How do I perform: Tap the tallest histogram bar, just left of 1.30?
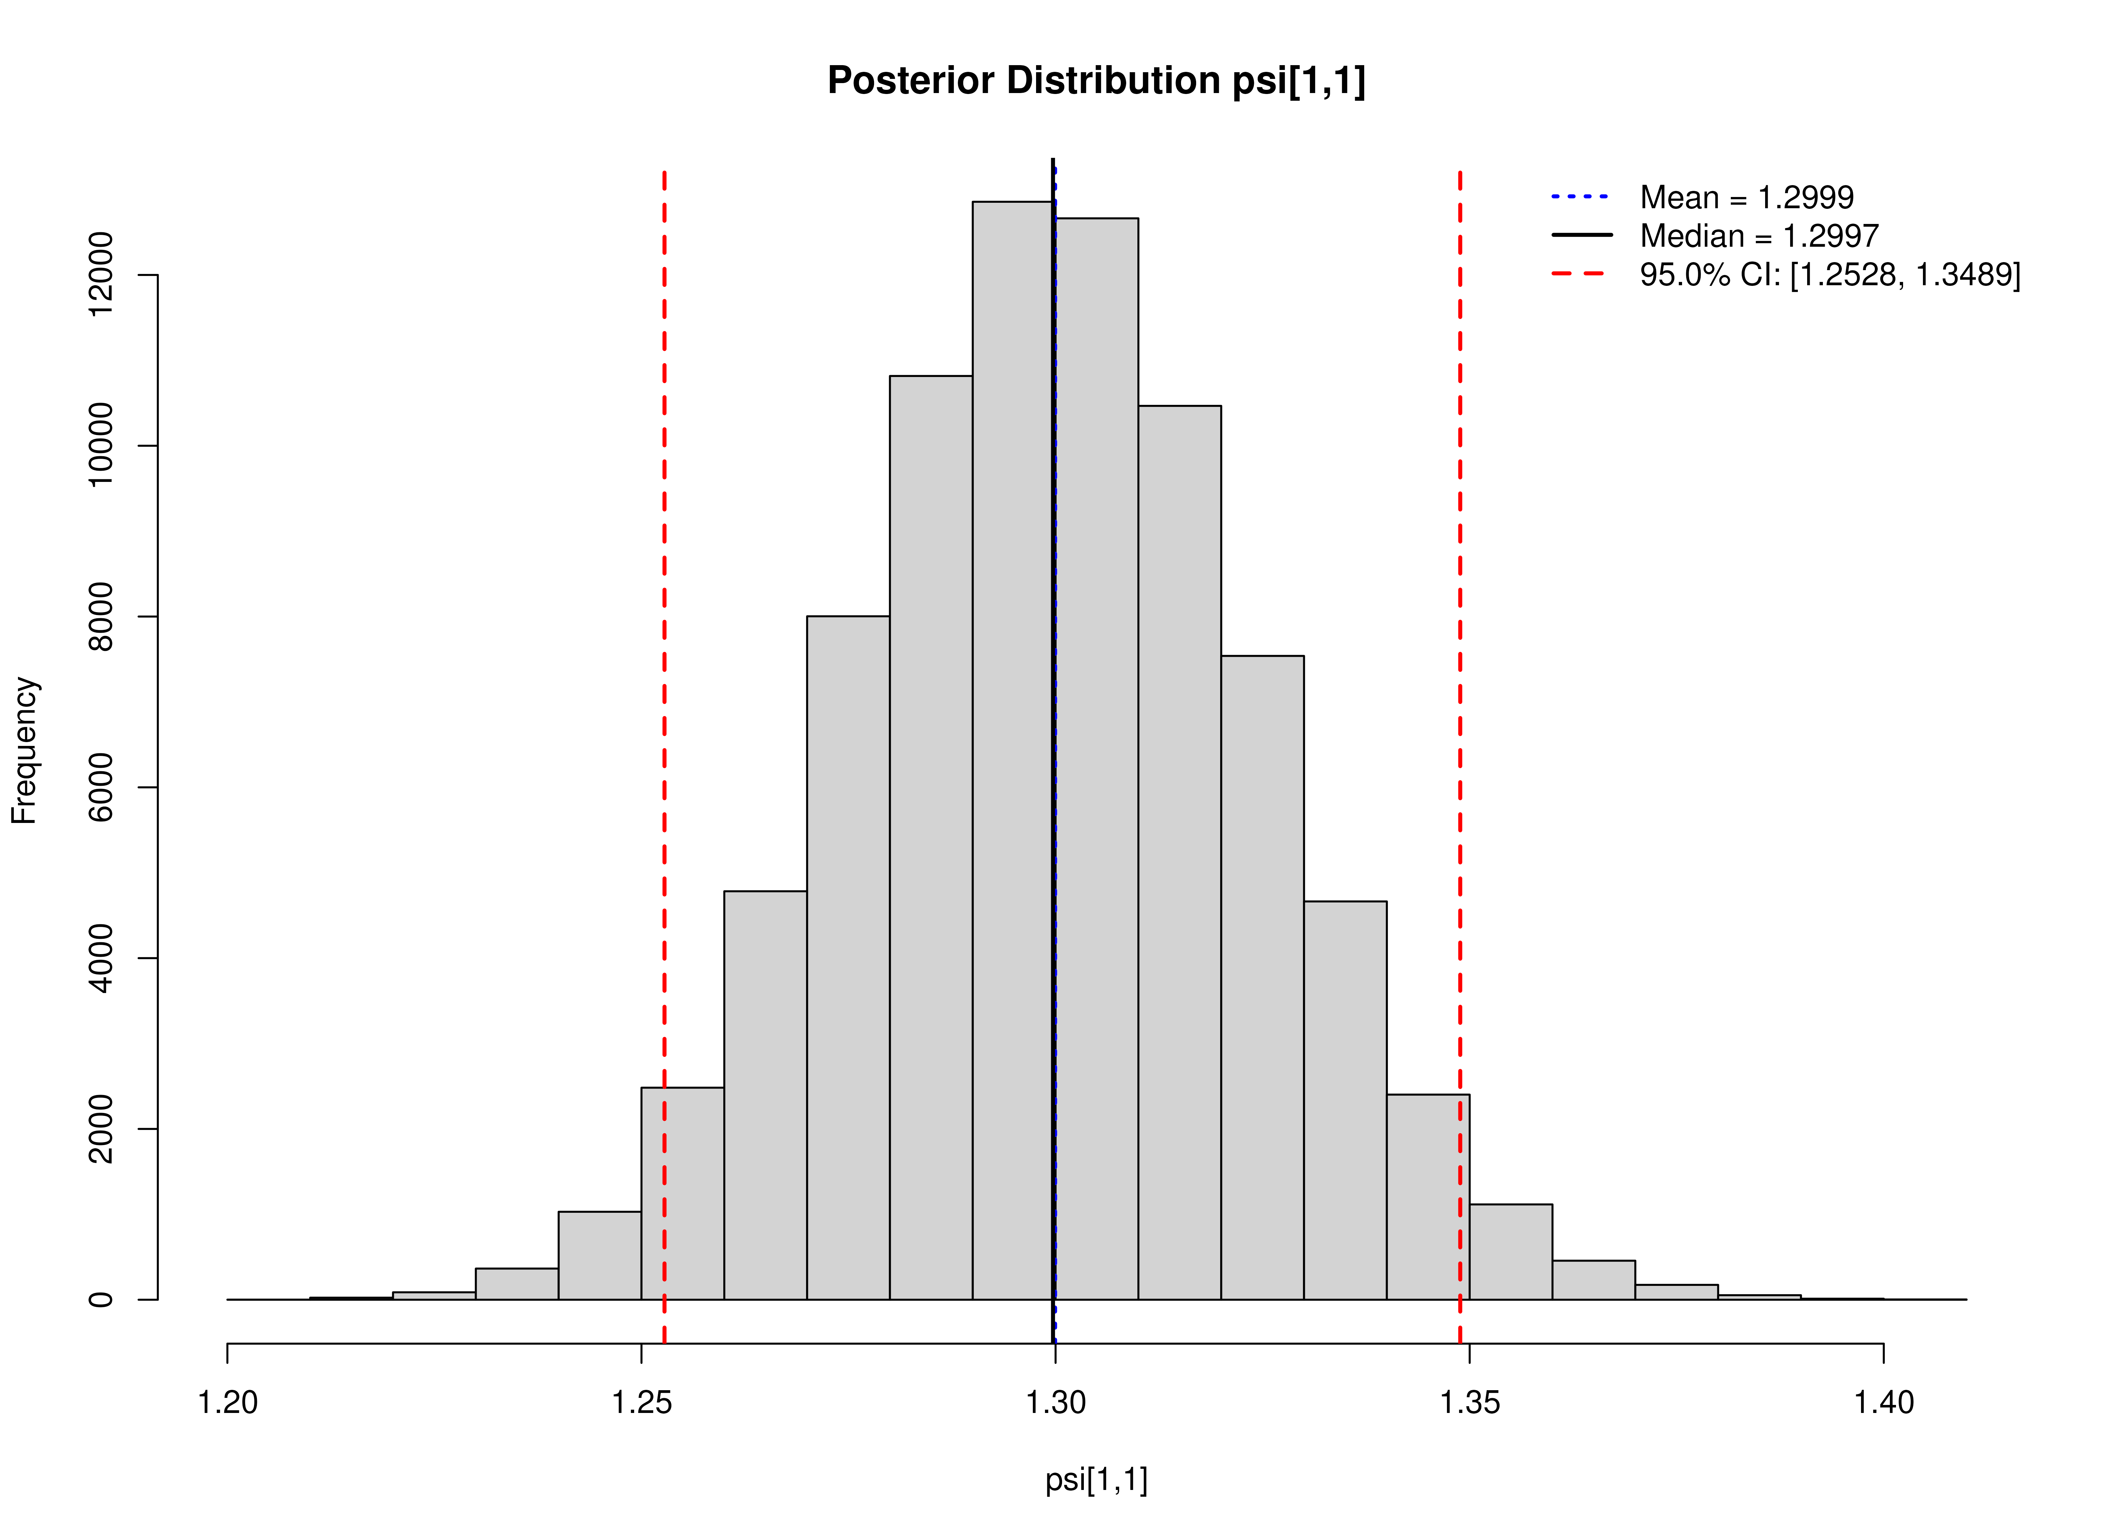point(1013,747)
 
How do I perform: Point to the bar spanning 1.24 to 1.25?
point(599,1256)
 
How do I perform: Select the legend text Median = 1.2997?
point(1759,236)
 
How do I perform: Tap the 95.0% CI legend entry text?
point(1830,275)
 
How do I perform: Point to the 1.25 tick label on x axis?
point(641,1403)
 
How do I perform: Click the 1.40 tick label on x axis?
point(1883,1403)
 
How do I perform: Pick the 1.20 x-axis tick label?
point(228,1403)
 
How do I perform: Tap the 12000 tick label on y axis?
point(100,276)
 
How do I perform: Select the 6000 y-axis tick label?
point(100,787)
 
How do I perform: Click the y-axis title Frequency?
point(24,751)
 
